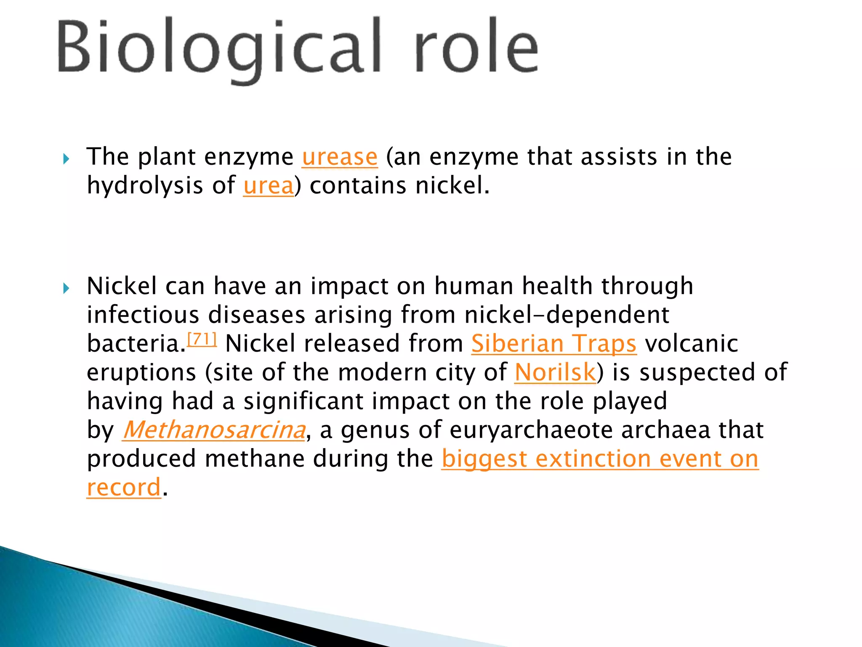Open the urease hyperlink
coord(340,157)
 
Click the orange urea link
coord(268,186)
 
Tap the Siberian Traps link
coord(553,343)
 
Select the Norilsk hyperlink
coord(555,372)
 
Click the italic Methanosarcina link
coord(214,430)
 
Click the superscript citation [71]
coord(202,339)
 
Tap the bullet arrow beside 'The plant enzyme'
coord(66,159)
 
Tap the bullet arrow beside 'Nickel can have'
coord(66,289)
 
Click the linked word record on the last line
coord(124,487)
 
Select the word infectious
coord(143,315)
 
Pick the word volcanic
coord(692,343)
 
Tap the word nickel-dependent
coord(567,315)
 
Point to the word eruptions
coord(141,373)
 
